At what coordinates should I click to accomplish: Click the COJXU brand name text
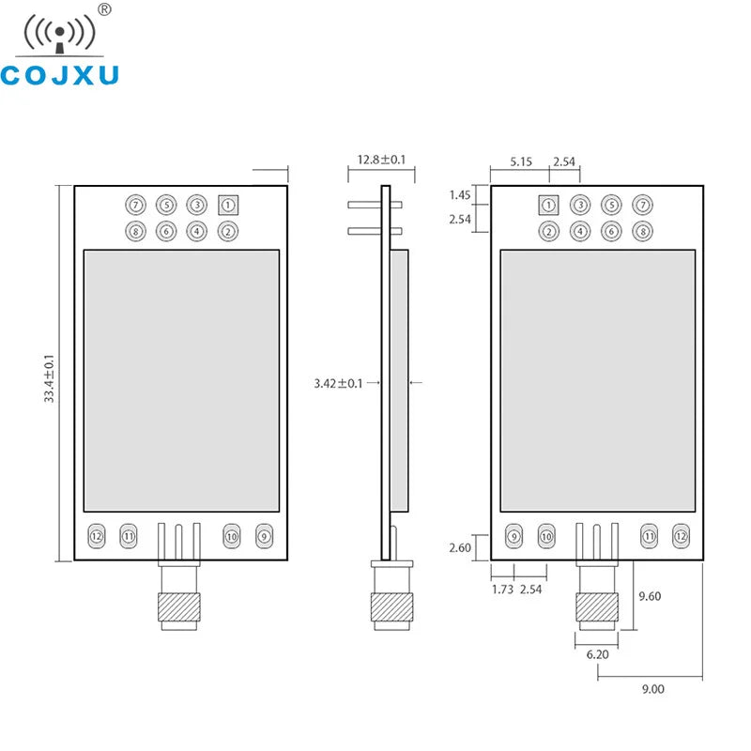(60, 74)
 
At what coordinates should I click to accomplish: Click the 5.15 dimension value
(522, 161)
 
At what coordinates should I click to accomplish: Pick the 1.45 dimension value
(459, 195)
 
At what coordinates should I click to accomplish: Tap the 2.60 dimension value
(459, 546)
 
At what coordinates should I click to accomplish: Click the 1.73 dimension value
(502, 590)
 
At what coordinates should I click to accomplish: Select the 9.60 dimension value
(651, 595)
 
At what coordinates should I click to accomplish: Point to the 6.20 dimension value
(597, 653)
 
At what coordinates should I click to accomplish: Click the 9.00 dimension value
(652, 689)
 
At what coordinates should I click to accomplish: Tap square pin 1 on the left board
(227, 204)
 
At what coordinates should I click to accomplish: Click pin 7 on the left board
(136, 204)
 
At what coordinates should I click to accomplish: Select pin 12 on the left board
(96, 536)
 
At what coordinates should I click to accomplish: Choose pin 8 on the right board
(641, 231)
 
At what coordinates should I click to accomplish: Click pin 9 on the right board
(513, 536)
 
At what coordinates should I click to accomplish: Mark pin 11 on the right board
(648, 536)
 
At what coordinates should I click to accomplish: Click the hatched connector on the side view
(388, 607)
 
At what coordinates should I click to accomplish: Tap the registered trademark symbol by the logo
(105, 9)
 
